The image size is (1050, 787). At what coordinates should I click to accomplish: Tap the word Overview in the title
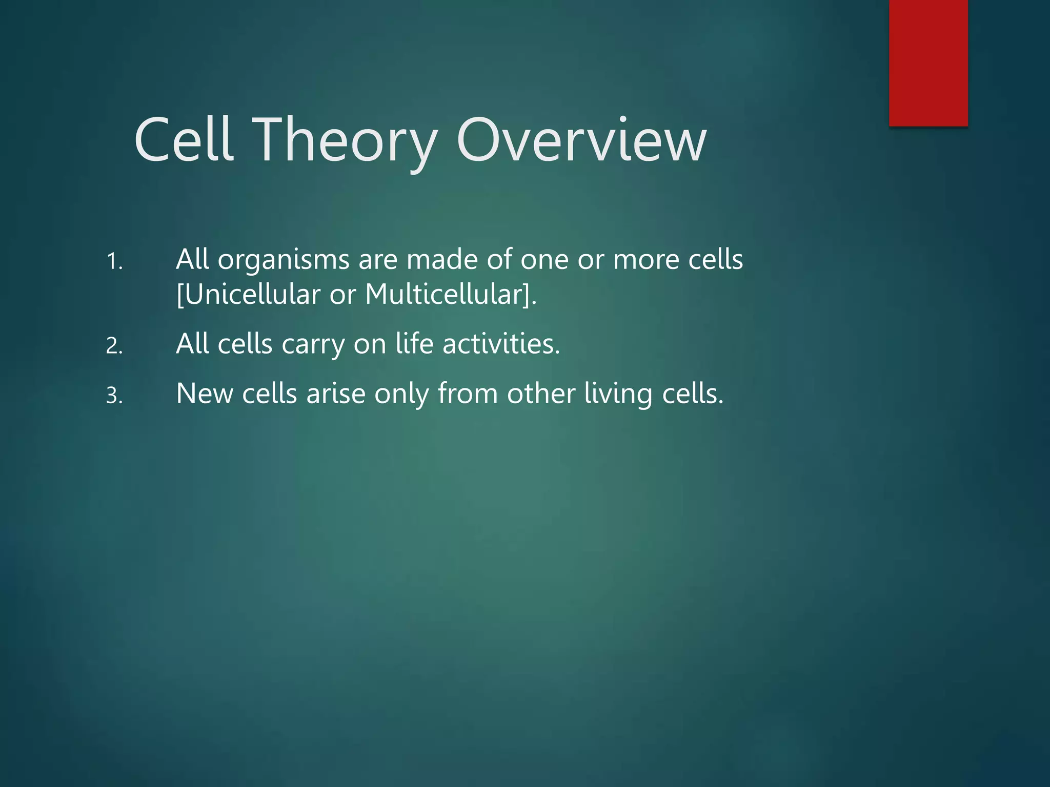click(581, 140)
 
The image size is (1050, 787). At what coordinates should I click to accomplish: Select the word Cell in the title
click(184, 140)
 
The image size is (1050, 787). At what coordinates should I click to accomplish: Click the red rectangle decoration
click(928, 63)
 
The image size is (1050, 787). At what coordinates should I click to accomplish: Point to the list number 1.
click(114, 262)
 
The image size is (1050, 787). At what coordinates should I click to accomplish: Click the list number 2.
click(114, 346)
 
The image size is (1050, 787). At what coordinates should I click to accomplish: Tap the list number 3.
click(114, 396)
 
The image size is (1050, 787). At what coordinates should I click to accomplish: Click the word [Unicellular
click(248, 295)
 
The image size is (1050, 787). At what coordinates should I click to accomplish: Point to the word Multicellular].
click(451, 295)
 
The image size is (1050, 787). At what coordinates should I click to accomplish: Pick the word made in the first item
click(442, 259)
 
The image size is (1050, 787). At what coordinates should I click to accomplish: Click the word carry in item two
click(313, 344)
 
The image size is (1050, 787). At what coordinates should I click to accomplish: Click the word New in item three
click(205, 393)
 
